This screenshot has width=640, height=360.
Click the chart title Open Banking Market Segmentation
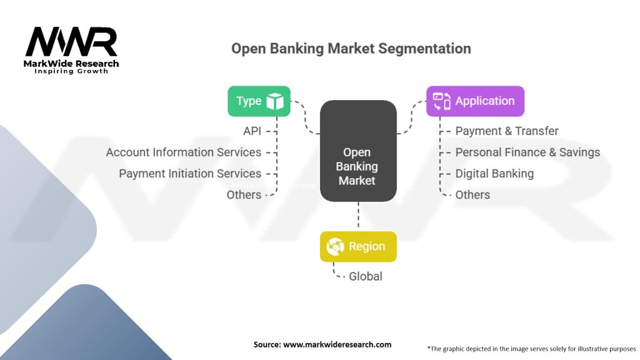[351, 48]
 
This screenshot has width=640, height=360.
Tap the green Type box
[259, 101]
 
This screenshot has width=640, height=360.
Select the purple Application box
[475, 101]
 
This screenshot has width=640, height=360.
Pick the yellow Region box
[358, 246]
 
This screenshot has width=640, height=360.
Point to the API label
[252, 131]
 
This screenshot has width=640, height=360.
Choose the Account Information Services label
[184, 152]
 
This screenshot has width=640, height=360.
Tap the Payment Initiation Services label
[190, 173]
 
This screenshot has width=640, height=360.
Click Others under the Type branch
[244, 194]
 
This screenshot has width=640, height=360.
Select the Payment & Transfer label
[507, 131]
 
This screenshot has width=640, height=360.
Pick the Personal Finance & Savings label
[527, 152]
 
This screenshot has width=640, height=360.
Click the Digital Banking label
[494, 173]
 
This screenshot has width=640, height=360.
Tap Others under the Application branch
[472, 194]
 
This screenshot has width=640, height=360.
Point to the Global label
[366, 276]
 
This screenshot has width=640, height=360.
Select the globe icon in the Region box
[336, 247]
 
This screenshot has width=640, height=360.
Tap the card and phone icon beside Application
[442, 101]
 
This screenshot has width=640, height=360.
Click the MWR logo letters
[71, 43]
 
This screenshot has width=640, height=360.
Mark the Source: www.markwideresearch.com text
[322, 344]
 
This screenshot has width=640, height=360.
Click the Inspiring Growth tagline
[71, 71]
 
